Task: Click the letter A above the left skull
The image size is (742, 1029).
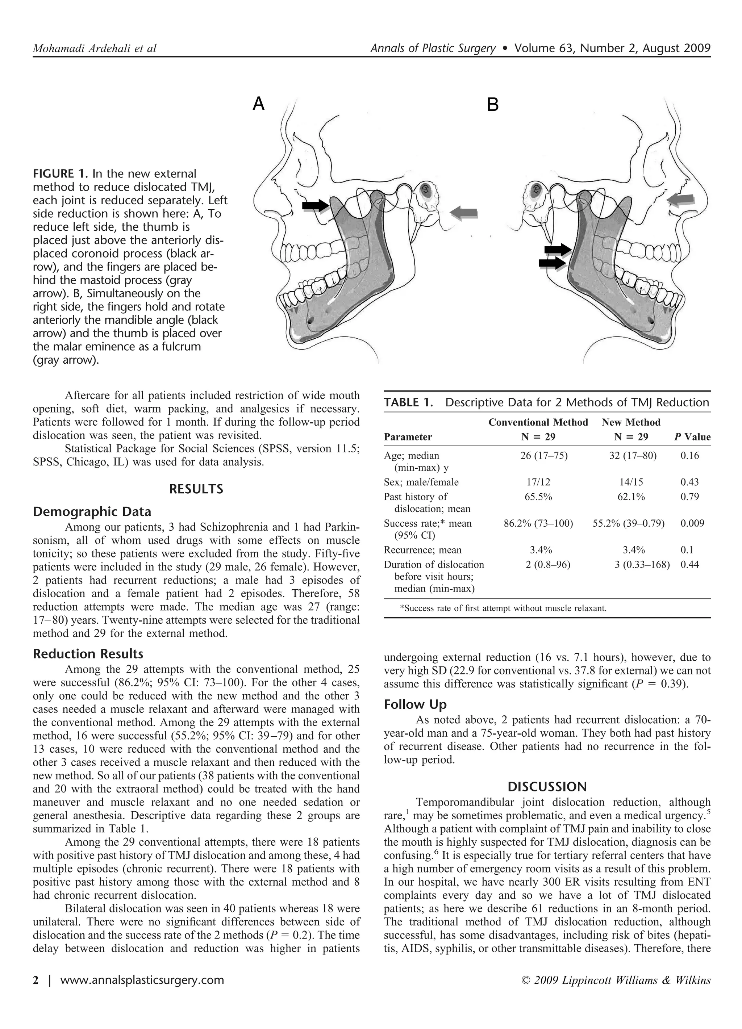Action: [258, 104]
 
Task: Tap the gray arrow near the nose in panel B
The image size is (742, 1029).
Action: [681, 199]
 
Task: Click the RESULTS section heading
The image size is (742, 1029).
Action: [196, 489]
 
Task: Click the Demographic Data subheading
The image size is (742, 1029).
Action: [92, 512]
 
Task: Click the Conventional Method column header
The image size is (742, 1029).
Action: [538, 422]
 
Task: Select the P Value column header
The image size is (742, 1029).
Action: [692, 437]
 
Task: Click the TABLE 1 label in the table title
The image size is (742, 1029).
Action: [408, 402]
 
